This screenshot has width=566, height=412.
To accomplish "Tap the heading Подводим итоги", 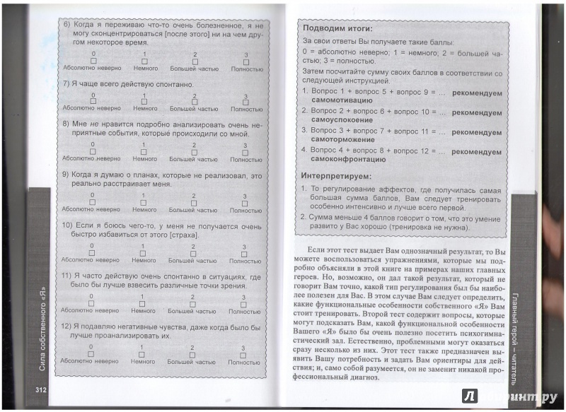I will click(x=337, y=29).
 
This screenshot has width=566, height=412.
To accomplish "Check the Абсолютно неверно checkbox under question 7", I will click(x=92, y=102).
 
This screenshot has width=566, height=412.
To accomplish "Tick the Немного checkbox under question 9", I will click(x=144, y=202).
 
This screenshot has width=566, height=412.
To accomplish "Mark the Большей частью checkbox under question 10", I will click(x=193, y=253).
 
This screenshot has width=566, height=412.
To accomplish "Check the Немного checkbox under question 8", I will click(x=144, y=152).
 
